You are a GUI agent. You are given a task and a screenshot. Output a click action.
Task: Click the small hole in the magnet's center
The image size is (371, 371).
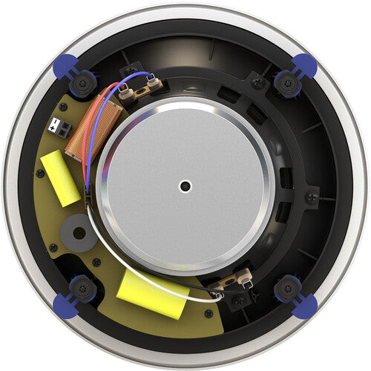click(x=185, y=185)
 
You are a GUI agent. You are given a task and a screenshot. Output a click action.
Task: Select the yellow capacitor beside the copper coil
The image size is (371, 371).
click(x=60, y=177)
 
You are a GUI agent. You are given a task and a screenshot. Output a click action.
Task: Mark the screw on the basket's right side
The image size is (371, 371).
click(x=312, y=198)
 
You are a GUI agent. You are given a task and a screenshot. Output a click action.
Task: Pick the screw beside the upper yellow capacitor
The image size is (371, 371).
click(x=41, y=174)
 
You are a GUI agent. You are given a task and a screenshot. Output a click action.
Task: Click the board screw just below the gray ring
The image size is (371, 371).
click(x=53, y=247)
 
